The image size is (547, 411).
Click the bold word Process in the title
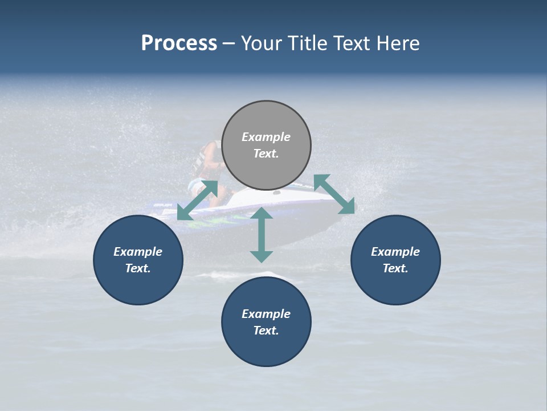coord(179,43)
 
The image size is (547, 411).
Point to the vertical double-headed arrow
coord(262,235)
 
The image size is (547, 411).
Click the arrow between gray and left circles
coord(197,200)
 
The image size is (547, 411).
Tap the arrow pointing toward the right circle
coord(334,194)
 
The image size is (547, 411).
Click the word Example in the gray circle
coord(266,137)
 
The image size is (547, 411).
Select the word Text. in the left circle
coord(138,268)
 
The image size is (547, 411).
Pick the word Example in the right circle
coord(395,252)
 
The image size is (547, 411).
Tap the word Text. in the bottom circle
coord(266,331)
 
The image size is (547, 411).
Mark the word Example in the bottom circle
coord(266,314)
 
